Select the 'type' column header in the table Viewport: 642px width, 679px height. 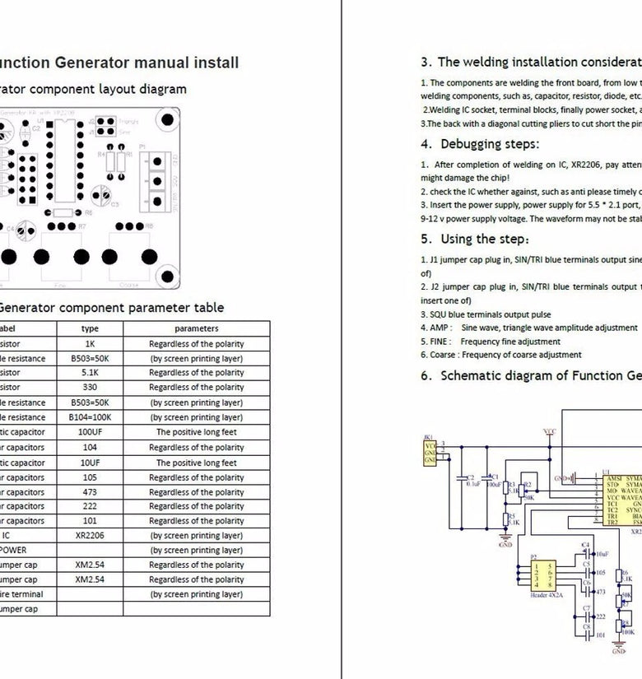[x=90, y=328]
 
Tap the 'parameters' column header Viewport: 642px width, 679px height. [x=196, y=328]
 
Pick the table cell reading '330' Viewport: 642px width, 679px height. [x=90, y=388]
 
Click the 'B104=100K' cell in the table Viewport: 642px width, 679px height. [x=90, y=417]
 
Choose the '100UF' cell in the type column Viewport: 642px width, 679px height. [x=90, y=432]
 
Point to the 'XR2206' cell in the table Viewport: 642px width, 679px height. [x=90, y=535]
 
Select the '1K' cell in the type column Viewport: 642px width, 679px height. [x=90, y=344]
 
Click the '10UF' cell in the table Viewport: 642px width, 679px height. [x=90, y=463]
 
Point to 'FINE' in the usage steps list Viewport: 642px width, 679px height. [x=440, y=342]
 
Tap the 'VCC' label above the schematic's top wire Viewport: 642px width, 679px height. [x=550, y=430]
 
